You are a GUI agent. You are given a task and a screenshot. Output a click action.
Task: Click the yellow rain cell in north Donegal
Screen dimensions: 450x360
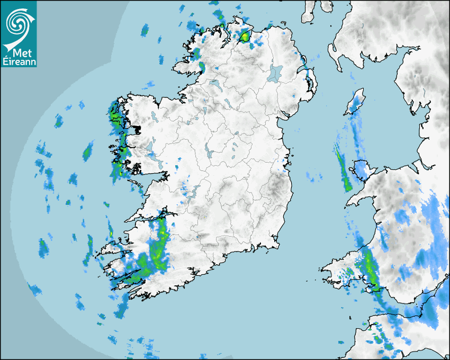[x=245, y=37]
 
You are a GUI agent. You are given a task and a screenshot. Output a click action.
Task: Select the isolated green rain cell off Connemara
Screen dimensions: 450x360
[x=87, y=153]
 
